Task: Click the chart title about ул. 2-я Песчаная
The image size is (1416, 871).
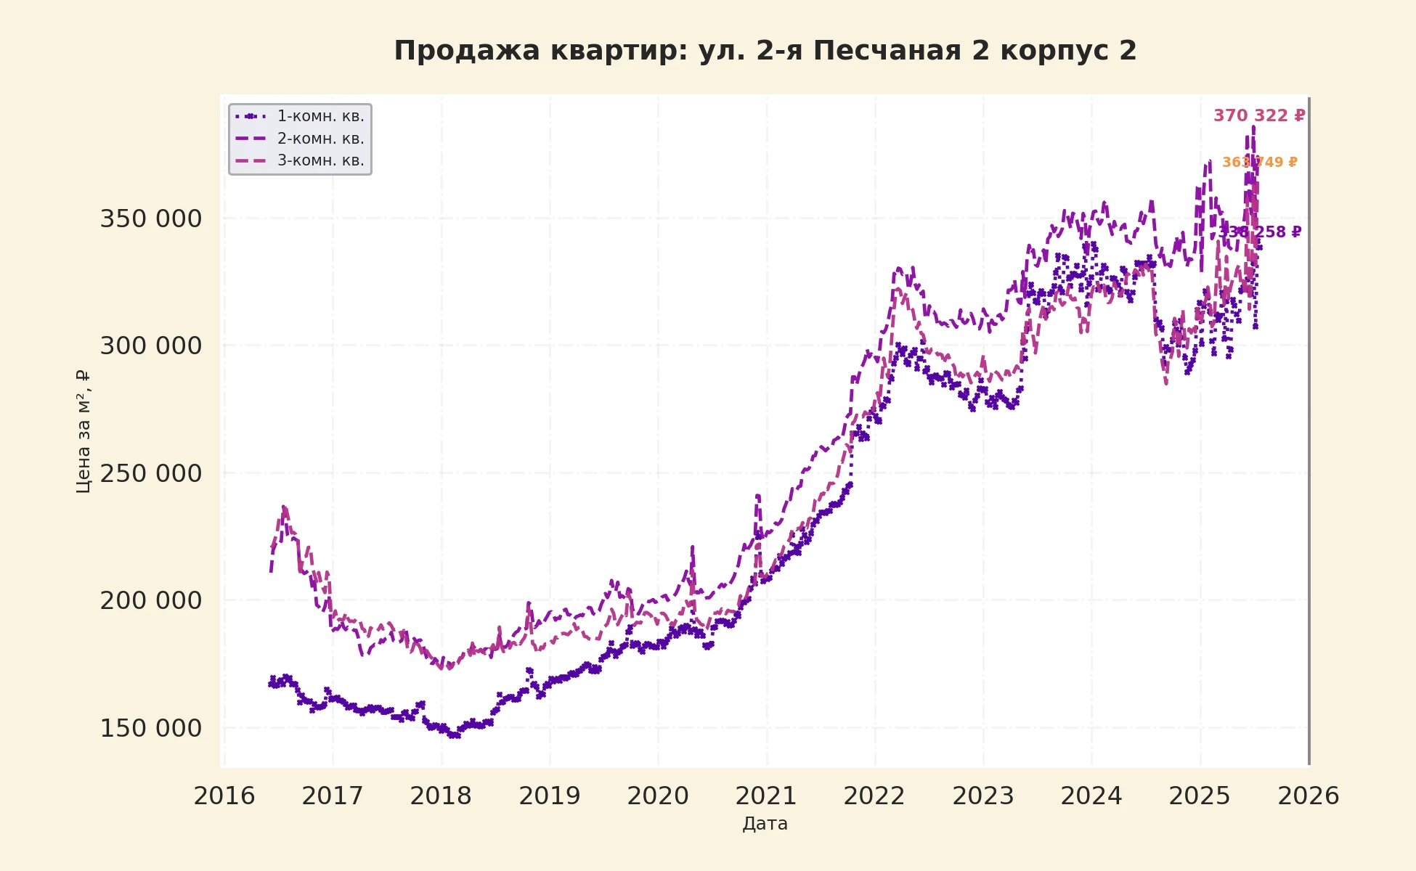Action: click(765, 51)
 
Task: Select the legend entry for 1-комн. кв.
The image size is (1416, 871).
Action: click(320, 116)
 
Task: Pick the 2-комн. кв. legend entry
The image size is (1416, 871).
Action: click(320, 139)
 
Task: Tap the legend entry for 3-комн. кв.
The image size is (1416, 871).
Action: click(320, 160)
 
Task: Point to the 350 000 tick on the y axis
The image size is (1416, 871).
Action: click(150, 218)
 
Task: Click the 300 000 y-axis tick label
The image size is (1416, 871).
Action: click(150, 345)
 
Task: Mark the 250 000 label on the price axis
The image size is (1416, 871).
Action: click(150, 473)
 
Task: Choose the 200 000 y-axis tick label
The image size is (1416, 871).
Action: click(150, 601)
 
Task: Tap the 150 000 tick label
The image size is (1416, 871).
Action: click(150, 728)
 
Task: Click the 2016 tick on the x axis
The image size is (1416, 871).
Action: click(224, 796)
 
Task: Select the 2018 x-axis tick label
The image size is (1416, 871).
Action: click(441, 796)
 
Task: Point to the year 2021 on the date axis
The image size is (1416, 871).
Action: click(766, 796)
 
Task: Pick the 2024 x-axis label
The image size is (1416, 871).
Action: click(1091, 796)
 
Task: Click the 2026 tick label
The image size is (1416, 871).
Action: click(1308, 796)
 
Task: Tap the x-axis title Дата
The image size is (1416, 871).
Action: click(765, 824)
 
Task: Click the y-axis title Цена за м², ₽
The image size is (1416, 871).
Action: click(83, 432)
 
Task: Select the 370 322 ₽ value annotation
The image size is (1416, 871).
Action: click(1259, 115)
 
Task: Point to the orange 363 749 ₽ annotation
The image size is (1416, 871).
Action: click(1259, 163)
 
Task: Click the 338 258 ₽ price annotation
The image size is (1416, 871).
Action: click(1261, 232)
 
